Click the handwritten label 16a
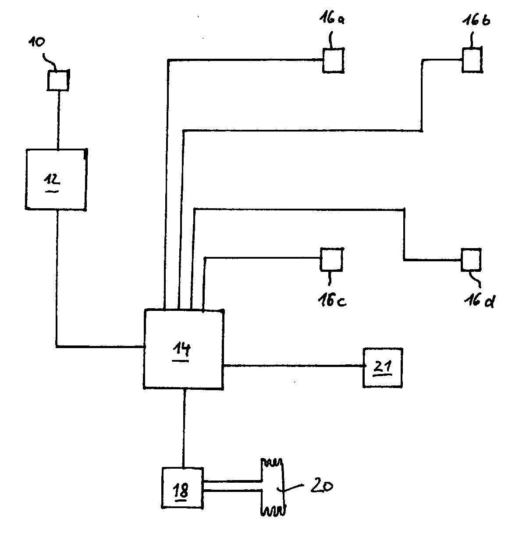click(332, 19)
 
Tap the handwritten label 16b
click(476, 20)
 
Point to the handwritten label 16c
click(332, 300)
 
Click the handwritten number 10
click(37, 42)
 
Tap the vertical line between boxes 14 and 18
click(184, 428)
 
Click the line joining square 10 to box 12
click(58, 120)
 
